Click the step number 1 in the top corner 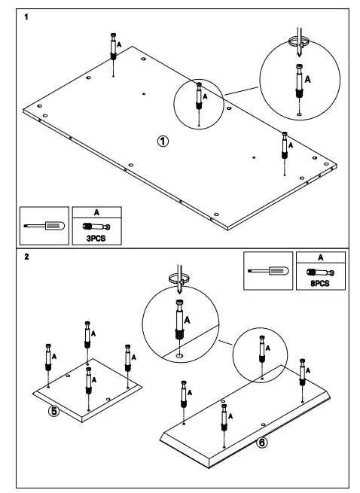coord(28,16)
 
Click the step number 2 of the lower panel coord(28,256)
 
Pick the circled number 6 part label coord(261,443)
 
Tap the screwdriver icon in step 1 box coord(44,225)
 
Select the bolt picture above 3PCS coord(96,225)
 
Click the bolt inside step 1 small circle coord(200,95)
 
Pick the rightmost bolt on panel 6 coord(303,370)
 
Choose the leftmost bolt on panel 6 coord(184,392)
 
